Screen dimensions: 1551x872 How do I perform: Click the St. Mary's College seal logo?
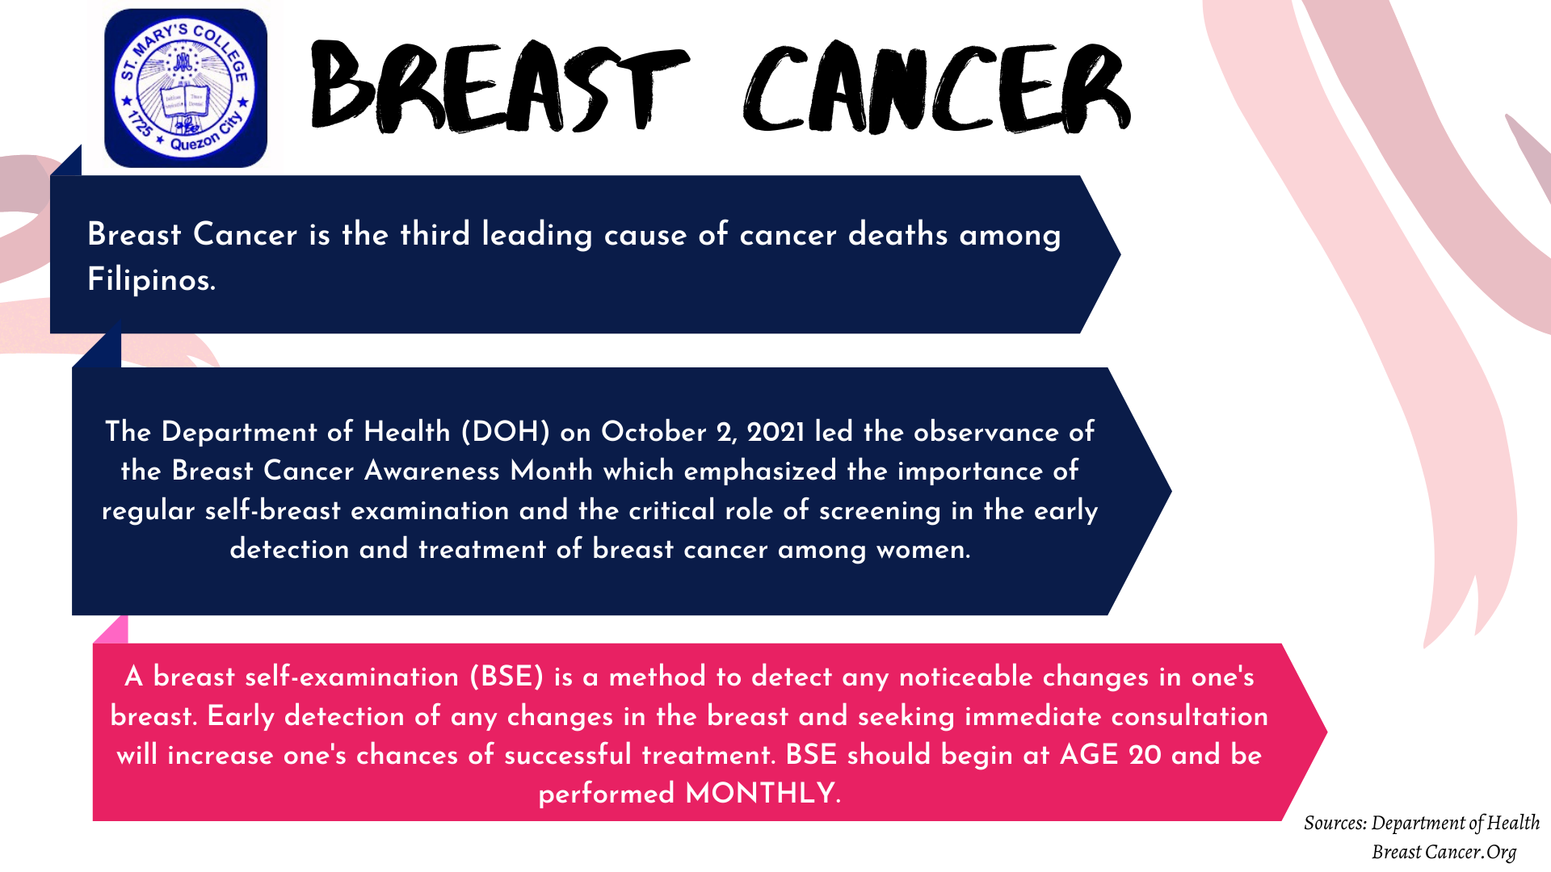(x=186, y=88)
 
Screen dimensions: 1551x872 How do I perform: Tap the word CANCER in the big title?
(x=937, y=87)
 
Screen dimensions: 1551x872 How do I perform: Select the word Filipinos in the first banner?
(x=151, y=279)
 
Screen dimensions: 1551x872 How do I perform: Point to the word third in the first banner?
(x=435, y=234)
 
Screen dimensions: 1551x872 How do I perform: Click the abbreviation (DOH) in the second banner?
(x=505, y=432)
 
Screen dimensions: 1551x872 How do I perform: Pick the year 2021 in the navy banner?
(x=775, y=432)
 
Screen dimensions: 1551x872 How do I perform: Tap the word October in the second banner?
(x=654, y=432)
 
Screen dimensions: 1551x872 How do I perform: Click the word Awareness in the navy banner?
(x=432, y=471)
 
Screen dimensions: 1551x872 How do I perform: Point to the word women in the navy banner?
(x=923, y=550)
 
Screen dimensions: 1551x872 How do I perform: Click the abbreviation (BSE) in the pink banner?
(x=506, y=677)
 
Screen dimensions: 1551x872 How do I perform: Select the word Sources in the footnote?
(x=1335, y=823)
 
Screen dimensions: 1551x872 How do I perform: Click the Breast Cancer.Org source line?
(x=1444, y=852)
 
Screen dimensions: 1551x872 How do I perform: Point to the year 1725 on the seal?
(x=140, y=124)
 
